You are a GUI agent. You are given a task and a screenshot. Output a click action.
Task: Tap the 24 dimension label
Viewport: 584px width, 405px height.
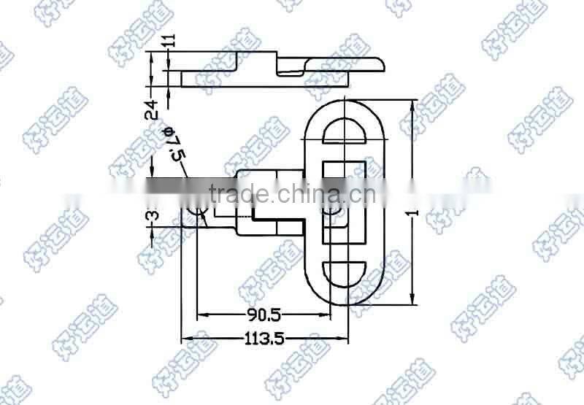[x=152, y=109]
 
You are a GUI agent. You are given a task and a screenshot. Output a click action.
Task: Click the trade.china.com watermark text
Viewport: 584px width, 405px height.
[x=292, y=195]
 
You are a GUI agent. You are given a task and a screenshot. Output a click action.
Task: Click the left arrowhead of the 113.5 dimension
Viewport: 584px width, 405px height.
[x=186, y=338]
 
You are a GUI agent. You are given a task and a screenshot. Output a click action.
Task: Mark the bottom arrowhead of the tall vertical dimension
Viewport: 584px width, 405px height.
[x=413, y=301]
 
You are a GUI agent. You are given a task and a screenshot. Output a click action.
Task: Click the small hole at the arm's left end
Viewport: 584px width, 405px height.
[x=199, y=212]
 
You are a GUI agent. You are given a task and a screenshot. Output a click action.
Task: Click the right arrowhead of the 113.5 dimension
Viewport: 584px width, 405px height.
[x=345, y=338]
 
